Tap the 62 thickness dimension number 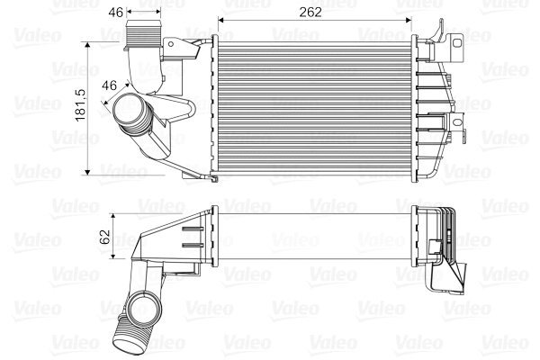pos(104,238)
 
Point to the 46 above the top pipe pos(115,12)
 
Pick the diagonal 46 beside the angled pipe pos(111,86)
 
